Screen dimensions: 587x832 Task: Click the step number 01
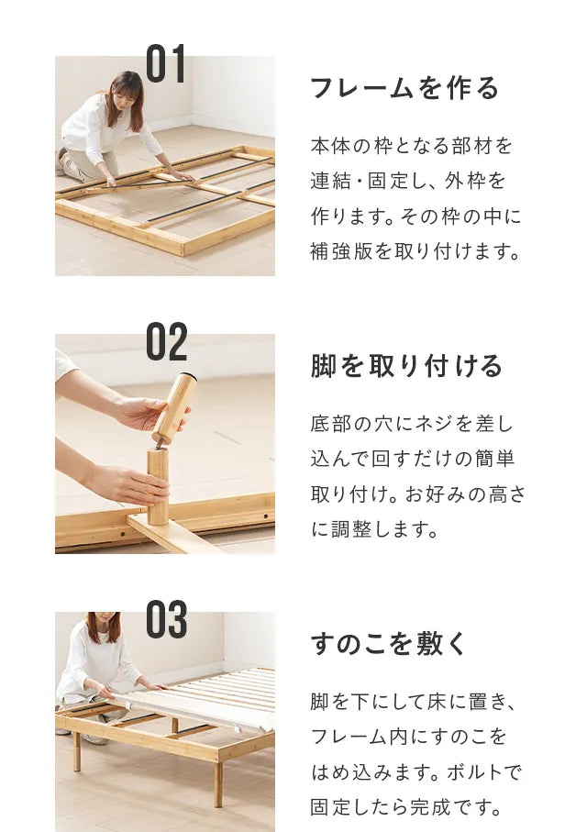166,63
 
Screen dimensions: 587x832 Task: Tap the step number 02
167,341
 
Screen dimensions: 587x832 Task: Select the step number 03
167,619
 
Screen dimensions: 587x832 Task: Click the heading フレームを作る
404,88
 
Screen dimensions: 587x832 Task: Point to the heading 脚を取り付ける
406,366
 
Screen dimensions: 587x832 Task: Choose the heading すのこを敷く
388,644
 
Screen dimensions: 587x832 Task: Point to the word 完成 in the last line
429,807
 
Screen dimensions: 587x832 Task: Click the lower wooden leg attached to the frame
158,486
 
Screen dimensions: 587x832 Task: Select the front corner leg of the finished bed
217,783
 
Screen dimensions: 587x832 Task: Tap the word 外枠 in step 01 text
464,181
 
